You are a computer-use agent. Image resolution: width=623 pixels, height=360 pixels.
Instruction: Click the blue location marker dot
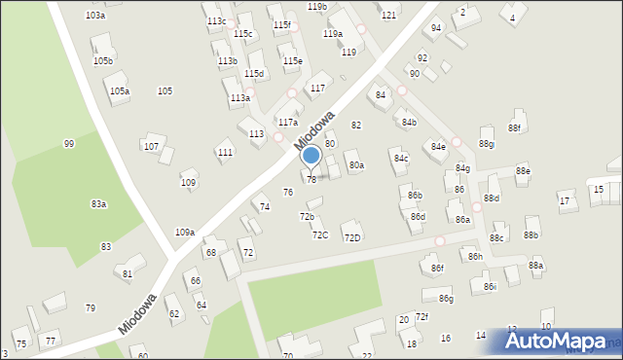pyautogui.click(x=311, y=155)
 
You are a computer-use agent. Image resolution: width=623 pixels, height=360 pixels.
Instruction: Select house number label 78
pyautogui.click(x=311, y=179)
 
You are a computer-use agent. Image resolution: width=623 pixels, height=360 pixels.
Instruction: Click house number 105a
pyautogui.click(x=120, y=91)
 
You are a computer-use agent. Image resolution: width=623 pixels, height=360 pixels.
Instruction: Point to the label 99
pyautogui.click(x=69, y=144)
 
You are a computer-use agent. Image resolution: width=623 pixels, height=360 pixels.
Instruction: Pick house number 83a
pyautogui.click(x=98, y=204)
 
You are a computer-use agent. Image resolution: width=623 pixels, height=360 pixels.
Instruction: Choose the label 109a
pyautogui.click(x=184, y=233)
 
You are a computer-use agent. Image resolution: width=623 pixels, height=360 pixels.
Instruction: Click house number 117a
pyautogui.click(x=287, y=124)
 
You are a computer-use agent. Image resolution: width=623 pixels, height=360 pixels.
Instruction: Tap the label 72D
pyautogui.click(x=352, y=237)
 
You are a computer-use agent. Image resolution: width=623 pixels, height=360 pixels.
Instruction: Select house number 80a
pyautogui.click(x=356, y=166)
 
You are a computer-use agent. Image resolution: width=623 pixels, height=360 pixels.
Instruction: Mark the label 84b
pyautogui.click(x=409, y=123)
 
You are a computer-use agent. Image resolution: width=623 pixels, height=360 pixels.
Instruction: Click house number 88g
pyautogui.click(x=486, y=145)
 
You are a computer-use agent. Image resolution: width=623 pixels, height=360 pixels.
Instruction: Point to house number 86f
pyautogui.click(x=437, y=269)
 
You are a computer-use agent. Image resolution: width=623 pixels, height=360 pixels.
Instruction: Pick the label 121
pyautogui.click(x=388, y=16)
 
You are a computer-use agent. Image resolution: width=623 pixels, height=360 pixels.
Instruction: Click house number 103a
pyautogui.click(x=94, y=16)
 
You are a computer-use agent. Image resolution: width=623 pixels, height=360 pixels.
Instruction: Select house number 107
pyautogui.click(x=151, y=147)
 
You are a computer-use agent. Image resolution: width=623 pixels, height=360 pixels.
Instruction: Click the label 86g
pyautogui.click(x=446, y=299)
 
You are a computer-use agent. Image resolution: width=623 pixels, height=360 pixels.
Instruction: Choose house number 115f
pyautogui.click(x=281, y=24)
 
